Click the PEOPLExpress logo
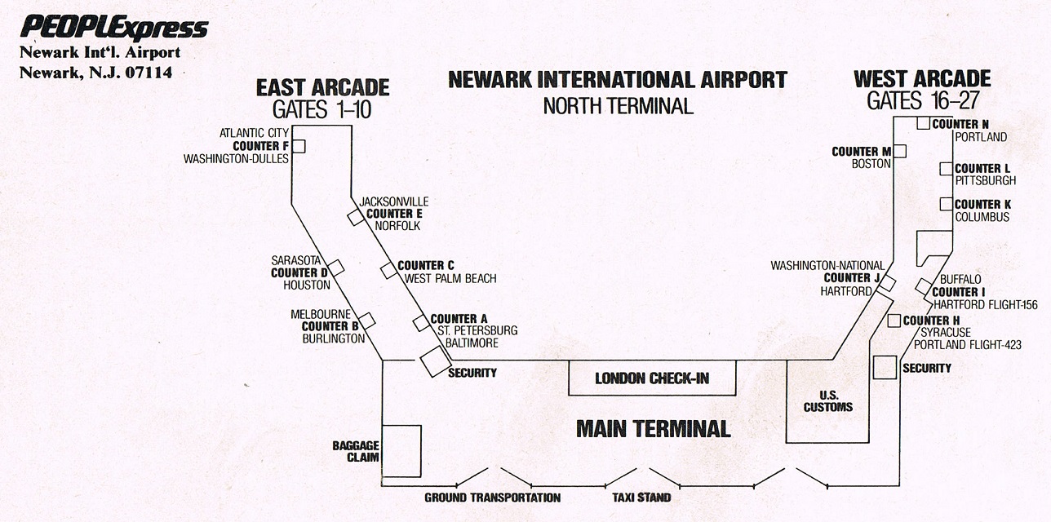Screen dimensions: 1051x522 [x=114, y=27]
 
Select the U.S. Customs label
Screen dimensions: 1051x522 [x=827, y=401]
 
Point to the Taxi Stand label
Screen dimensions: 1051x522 [x=641, y=498]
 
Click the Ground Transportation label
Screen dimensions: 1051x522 [x=493, y=498]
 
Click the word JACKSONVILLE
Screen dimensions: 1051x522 [x=393, y=201]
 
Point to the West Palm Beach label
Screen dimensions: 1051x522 [x=450, y=279]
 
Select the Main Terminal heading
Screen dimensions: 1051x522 [x=653, y=429]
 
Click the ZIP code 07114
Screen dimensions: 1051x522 [x=149, y=73]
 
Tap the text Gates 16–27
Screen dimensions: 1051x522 [x=923, y=100]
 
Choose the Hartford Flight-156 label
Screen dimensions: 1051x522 [x=986, y=305]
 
